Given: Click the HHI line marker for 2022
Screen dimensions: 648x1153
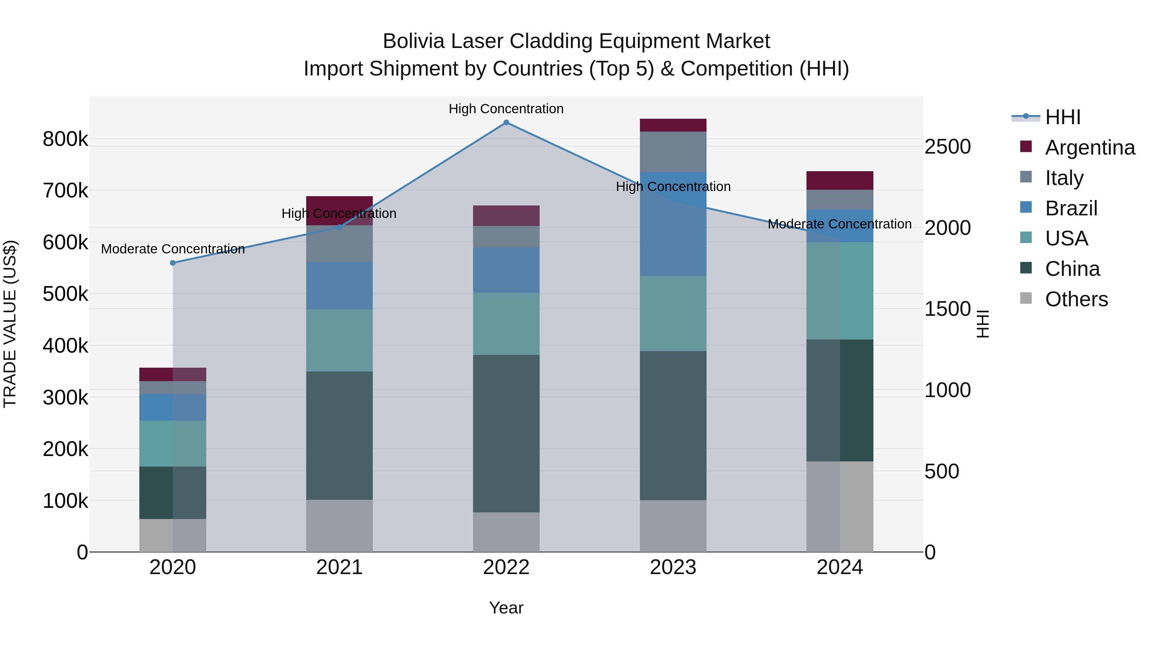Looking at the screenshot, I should coord(506,123).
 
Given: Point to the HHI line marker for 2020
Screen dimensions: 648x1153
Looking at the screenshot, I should coord(173,263).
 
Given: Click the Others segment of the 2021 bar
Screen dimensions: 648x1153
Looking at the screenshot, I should coord(339,525).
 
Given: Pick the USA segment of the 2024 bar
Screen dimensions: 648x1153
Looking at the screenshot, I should coord(840,291).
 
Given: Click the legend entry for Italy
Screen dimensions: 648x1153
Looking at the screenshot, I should coord(1064,178).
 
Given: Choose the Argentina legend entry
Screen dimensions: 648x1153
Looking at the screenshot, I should coord(1090,148).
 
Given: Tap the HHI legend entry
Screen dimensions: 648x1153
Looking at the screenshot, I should coord(1063,117).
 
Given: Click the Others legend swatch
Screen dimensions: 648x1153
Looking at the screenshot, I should coord(1026,298).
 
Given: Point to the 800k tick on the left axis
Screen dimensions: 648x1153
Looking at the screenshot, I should coord(65,139).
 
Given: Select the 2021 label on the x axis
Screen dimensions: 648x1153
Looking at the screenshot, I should coord(339,567).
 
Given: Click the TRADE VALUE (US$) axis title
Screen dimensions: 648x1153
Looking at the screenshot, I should coord(10,324).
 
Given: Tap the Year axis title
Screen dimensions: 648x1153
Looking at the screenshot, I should coord(506,608).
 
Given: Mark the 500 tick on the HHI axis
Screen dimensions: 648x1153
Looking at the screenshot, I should coord(942,471).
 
